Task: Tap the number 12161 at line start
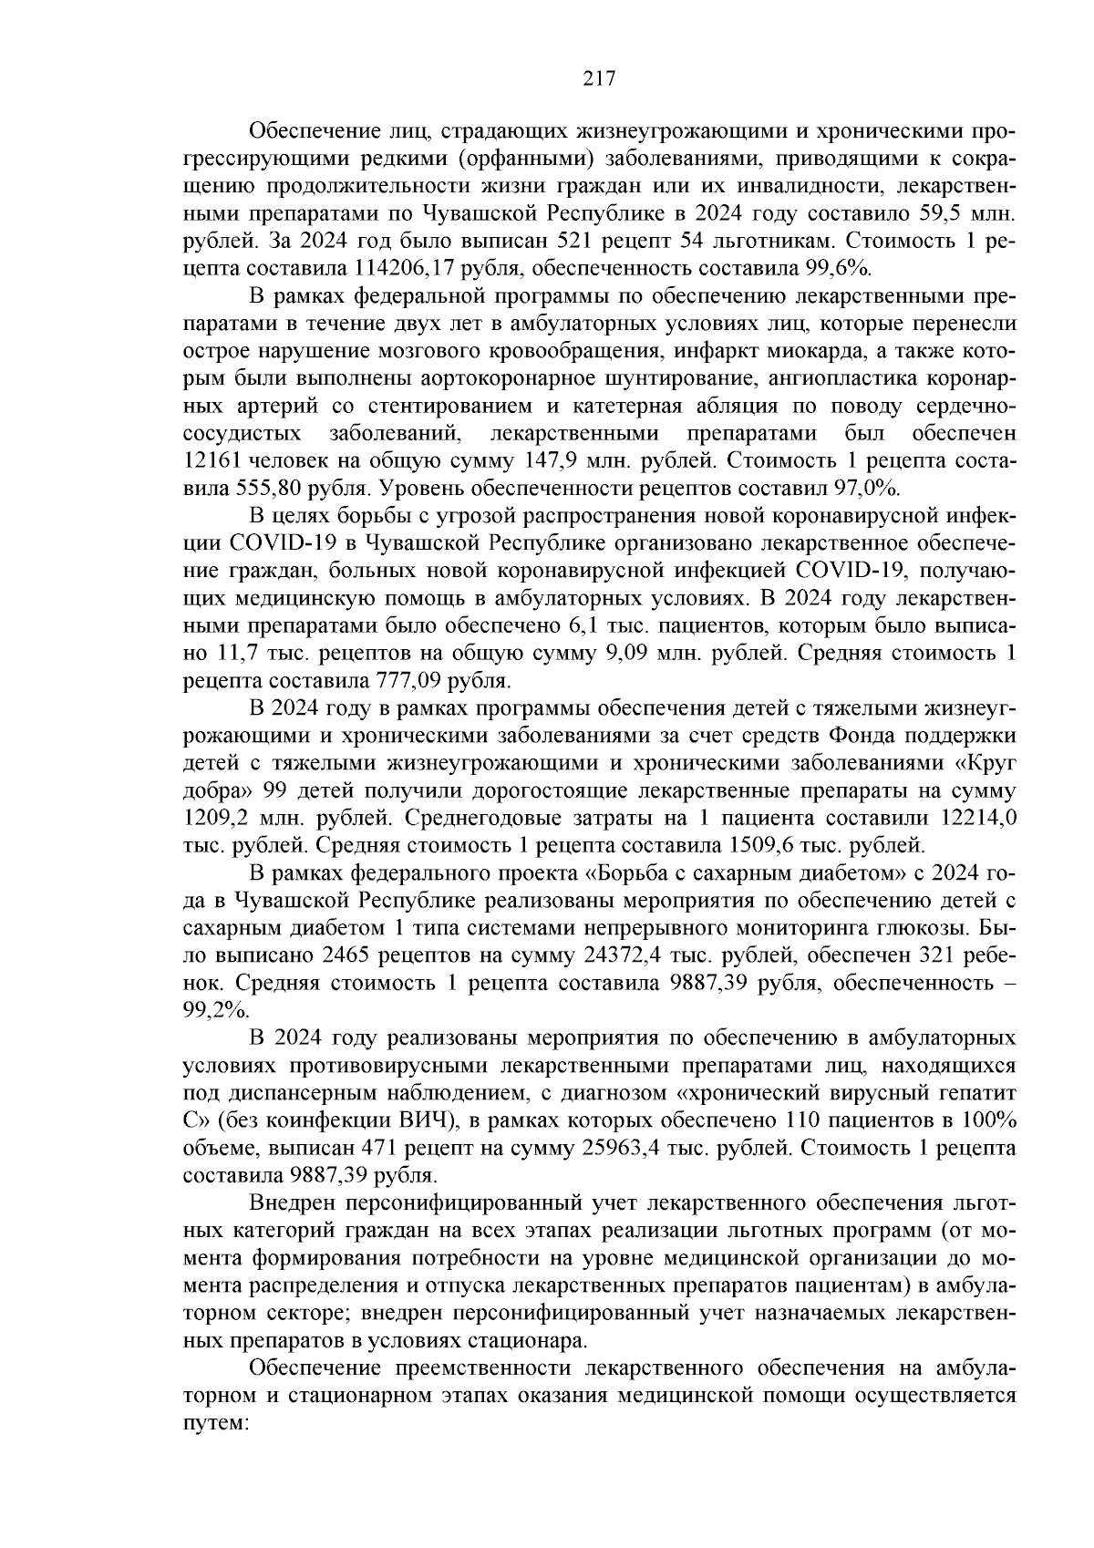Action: (x=214, y=459)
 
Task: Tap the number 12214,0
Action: (x=974, y=817)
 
